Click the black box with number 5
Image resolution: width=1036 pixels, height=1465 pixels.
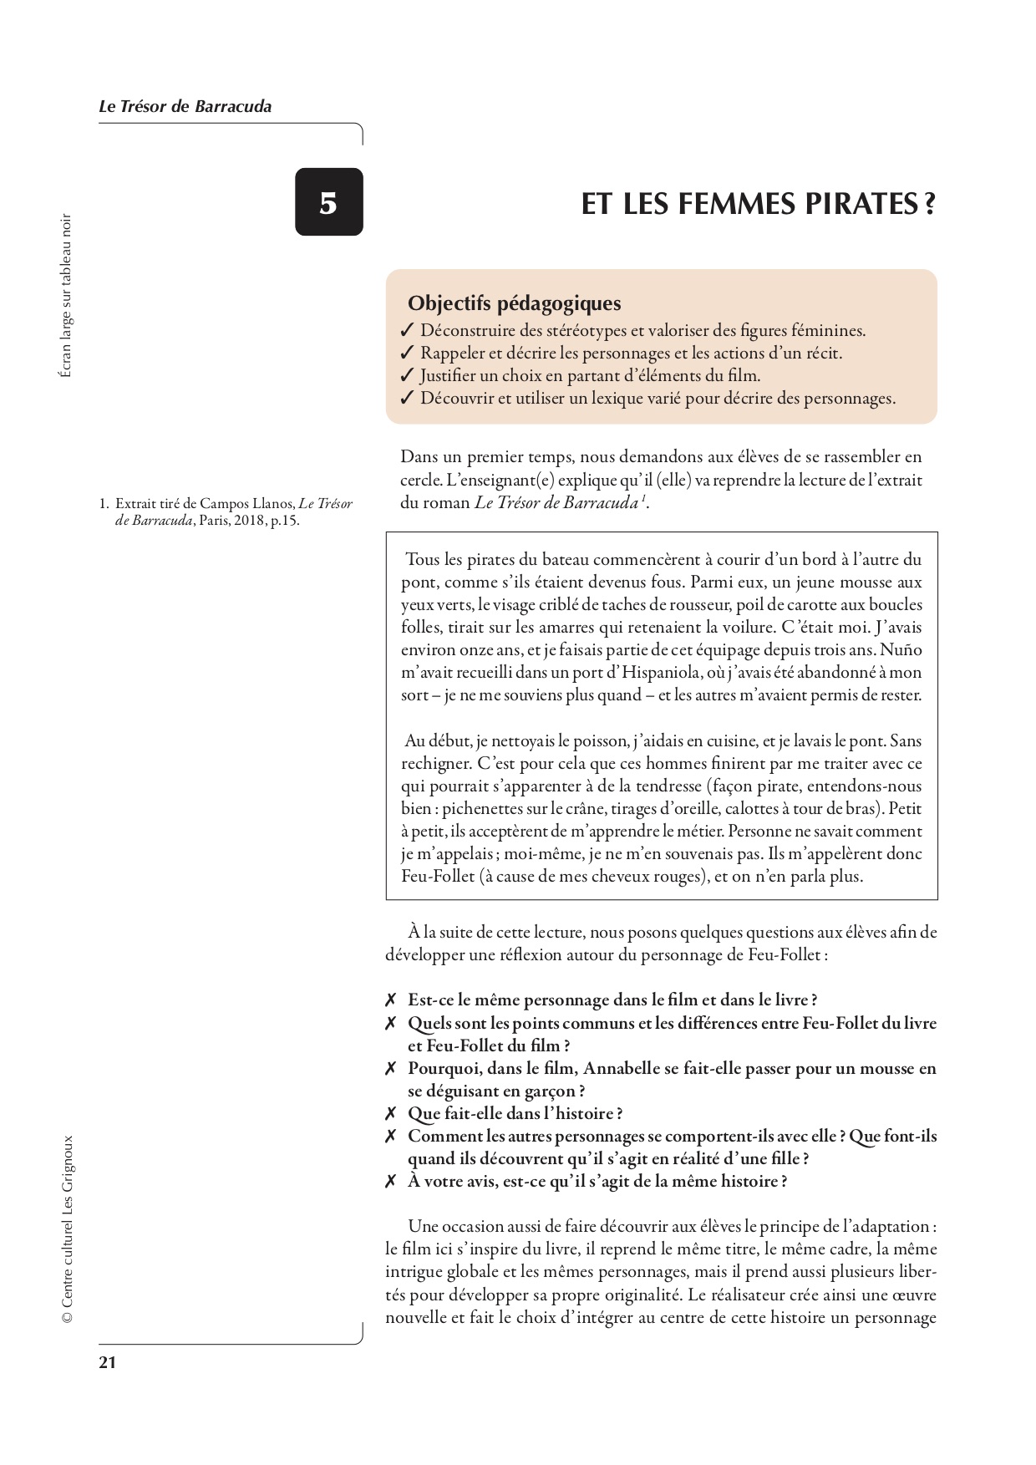tap(328, 202)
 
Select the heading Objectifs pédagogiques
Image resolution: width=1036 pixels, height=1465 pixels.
tap(514, 303)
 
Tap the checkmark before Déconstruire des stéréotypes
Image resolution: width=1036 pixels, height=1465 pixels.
tap(407, 331)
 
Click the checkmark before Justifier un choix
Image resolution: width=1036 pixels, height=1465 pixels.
tap(407, 376)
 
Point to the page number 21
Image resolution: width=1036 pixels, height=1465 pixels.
tap(107, 1362)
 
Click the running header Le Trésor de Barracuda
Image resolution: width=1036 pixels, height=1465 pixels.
tap(185, 106)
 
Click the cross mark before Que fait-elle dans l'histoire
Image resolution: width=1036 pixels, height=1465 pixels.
tap(390, 1114)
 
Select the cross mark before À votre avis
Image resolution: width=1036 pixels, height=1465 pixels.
tap(390, 1182)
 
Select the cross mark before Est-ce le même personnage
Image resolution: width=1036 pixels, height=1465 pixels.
tap(390, 1000)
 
